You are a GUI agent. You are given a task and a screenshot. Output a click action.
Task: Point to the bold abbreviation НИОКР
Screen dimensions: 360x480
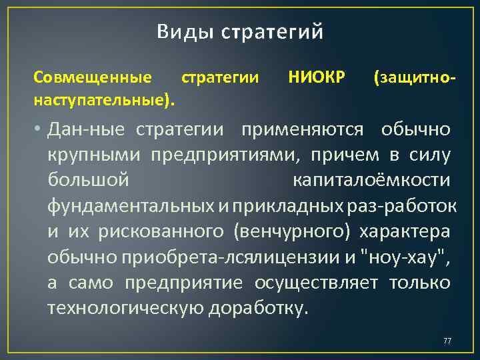[x=317, y=79]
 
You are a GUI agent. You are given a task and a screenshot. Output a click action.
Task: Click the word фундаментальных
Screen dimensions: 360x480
[x=131, y=206]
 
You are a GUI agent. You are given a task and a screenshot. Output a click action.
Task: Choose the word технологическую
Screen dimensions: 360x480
[x=126, y=309]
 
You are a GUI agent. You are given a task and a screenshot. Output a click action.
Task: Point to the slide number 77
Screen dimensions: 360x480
[x=447, y=341]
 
